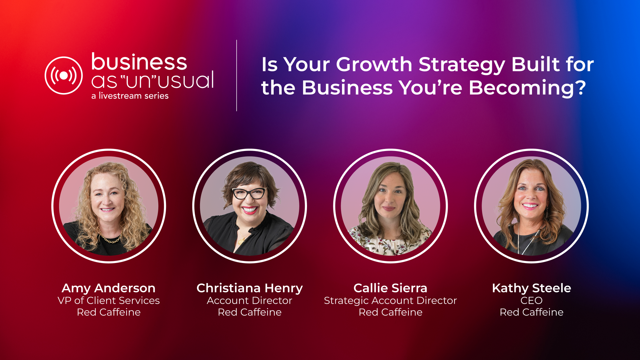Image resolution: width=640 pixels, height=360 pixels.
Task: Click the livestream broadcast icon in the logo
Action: coord(64,76)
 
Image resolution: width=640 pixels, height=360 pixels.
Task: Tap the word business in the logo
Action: coord(139,62)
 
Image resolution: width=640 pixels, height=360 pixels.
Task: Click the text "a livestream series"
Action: coord(130,96)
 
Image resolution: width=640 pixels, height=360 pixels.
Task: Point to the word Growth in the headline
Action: coord(374,65)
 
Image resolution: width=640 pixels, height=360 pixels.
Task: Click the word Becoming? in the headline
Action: coord(527,88)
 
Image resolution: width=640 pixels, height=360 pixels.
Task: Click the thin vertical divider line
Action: coord(237,76)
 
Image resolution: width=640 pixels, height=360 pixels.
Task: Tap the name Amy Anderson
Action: coord(109,288)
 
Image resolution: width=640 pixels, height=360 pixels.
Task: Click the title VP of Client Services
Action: coord(109,301)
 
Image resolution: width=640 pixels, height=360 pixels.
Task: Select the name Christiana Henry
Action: coord(250,288)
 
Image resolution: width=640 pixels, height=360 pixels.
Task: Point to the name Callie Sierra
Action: coord(390,288)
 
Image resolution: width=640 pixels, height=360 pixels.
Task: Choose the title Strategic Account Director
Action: coord(390,301)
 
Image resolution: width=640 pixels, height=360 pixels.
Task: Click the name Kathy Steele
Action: coord(532,288)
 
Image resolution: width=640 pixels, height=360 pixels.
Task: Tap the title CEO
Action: coord(532,301)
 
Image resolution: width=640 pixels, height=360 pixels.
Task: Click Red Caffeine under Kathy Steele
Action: coord(532,312)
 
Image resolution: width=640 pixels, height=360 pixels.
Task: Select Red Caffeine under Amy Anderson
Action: coord(109,312)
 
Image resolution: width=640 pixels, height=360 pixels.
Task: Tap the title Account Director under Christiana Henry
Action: coord(250,301)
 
